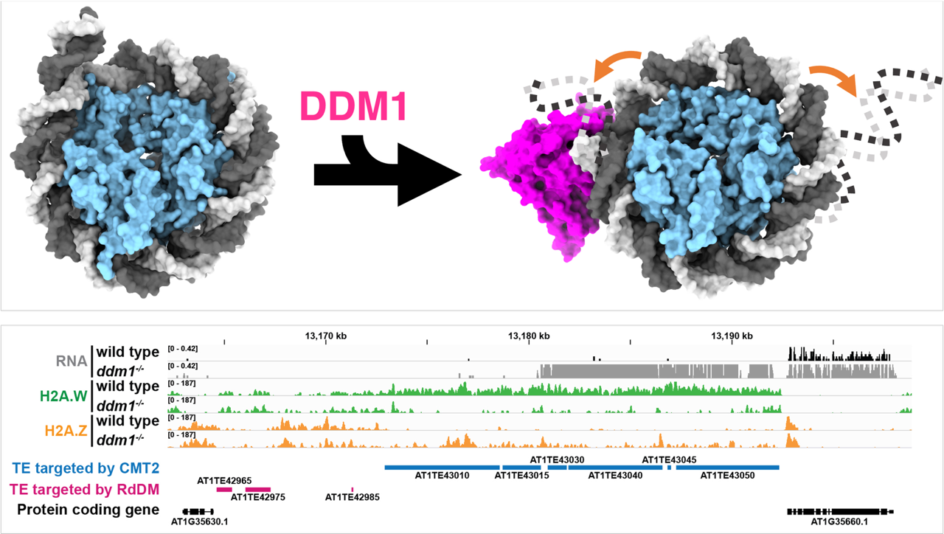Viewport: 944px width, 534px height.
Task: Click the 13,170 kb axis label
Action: [325, 336]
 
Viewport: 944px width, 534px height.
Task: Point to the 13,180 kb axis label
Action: [529, 336]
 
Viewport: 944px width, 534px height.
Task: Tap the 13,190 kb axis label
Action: [732, 336]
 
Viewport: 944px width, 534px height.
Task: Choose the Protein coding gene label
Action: [88, 510]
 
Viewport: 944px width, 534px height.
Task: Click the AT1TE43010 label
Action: [442, 476]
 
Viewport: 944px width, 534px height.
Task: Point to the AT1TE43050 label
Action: [727, 476]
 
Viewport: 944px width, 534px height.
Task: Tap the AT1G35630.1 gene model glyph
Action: [198, 511]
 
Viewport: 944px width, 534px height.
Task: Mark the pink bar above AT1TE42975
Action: [258, 489]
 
